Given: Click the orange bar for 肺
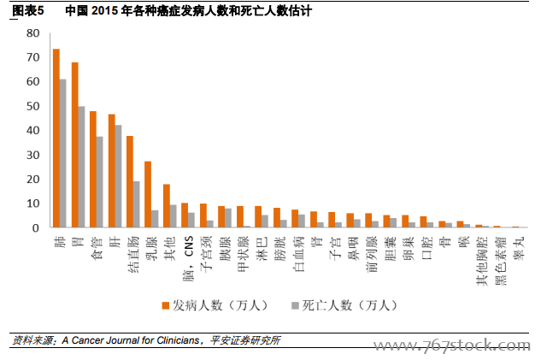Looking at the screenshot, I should coord(56,139).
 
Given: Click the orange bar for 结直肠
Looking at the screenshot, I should coord(130,182).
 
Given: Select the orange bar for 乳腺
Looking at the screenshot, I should coord(148,195).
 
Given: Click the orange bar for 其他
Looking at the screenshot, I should coord(167,206).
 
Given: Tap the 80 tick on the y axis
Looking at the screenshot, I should coord(32,33).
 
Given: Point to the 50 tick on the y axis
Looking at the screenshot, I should coord(32,107).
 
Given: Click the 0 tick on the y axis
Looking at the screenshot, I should coord(36,229).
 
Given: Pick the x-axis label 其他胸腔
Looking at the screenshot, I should coord(482,256).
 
